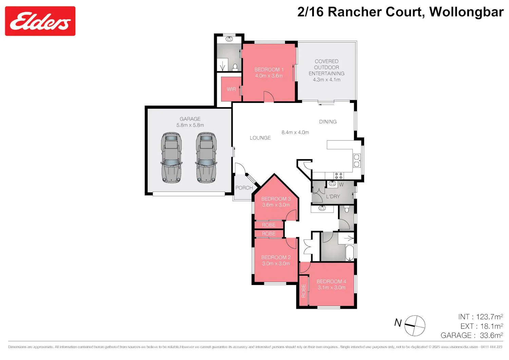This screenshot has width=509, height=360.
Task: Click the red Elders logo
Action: click(x=40, y=21)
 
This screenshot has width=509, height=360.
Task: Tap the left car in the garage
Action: click(x=171, y=158)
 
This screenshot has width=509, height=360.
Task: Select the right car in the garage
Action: click(x=206, y=158)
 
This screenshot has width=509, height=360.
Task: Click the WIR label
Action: click(x=231, y=89)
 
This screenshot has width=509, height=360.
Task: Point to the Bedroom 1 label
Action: click(x=269, y=70)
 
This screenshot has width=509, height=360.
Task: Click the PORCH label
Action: click(x=244, y=188)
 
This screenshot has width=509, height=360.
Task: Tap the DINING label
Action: click(x=328, y=122)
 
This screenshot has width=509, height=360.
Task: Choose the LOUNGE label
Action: click(x=260, y=138)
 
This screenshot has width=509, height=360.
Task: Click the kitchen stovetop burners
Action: click(x=339, y=176)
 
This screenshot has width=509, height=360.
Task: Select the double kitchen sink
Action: click(x=357, y=160)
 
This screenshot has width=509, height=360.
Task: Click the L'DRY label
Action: click(x=333, y=197)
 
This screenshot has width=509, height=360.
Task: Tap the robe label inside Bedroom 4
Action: click(x=303, y=291)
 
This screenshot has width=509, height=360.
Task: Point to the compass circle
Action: click(x=415, y=326)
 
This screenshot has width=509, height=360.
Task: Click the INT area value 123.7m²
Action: click(x=489, y=317)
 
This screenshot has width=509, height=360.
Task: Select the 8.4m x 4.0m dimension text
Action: click(x=295, y=132)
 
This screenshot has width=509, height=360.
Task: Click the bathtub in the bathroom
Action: click(x=350, y=253)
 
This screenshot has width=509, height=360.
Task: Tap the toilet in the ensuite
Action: click(x=235, y=68)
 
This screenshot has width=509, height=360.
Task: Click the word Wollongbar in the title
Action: click(x=466, y=12)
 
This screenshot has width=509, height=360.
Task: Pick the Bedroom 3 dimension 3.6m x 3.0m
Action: click(x=276, y=205)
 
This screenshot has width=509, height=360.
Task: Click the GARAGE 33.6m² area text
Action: click(x=472, y=336)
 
